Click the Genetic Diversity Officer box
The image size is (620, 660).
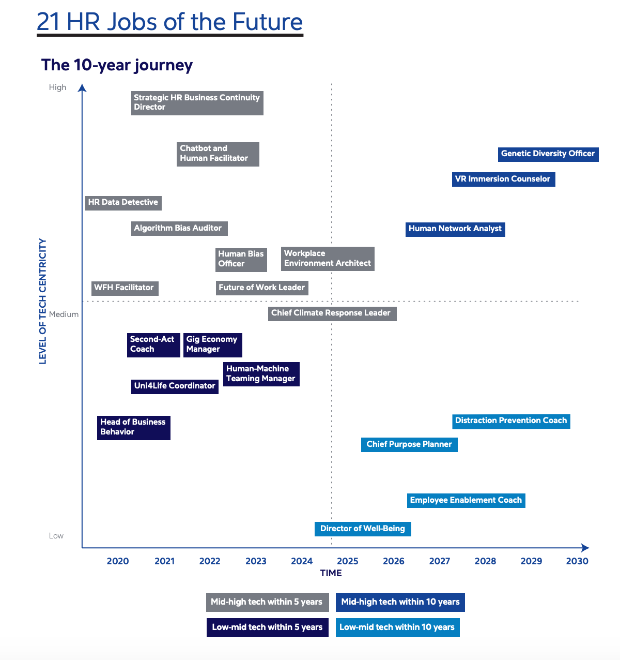pos(548,154)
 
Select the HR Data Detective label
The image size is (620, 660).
pos(123,203)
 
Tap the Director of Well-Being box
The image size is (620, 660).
pos(363,529)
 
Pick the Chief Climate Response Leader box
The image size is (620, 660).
pos(332,313)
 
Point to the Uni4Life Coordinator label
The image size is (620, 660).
pos(175,386)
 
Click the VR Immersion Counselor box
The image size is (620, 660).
pos(503,179)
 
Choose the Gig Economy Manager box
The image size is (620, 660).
pos(212,345)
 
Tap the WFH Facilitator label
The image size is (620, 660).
pos(124,288)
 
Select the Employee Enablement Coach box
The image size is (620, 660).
pos(466,501)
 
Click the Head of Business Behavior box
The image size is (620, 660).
pos(133,428)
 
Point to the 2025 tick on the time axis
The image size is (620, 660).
pos(348,562)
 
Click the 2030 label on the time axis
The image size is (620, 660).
pos(577,562)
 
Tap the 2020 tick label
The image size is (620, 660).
pos(118,562)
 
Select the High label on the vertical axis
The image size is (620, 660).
pos(58,87)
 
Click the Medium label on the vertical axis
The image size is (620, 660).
pos(64,314)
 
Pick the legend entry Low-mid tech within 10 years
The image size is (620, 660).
pos(397,628)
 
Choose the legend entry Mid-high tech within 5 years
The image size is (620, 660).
pos(267,603)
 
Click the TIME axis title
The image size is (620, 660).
pos(331,573)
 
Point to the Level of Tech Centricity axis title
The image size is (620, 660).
pos(43,301)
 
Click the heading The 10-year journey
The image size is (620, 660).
pos(117,65)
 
